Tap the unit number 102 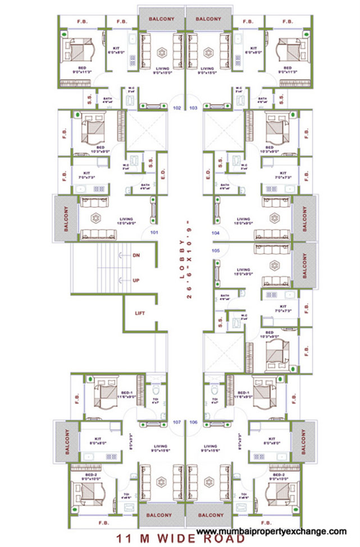(x=177, y=107)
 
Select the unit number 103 (x=193, y=107)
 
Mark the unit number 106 (x=194, y=421)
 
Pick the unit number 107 (x=177, y=421)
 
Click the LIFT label (x=140, y=314)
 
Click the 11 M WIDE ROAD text (x=180, y=539)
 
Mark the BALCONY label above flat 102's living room (x=162, y=19)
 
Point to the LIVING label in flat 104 (x=243, y=219)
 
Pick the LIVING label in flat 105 (x=243, y=270)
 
